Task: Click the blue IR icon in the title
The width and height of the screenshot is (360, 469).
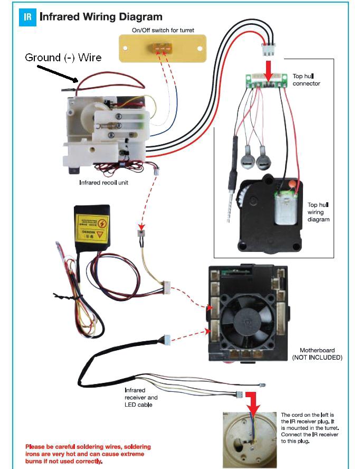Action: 28,17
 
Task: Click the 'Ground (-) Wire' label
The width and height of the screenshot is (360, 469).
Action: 63,57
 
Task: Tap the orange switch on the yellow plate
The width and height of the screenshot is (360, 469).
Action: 162,48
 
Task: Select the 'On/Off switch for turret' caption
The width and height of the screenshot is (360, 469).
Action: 163,30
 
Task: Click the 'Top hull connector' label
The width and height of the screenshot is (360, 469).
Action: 306,80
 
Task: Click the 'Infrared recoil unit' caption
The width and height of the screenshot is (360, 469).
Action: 104,183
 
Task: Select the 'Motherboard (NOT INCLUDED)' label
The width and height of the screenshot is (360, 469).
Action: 317,354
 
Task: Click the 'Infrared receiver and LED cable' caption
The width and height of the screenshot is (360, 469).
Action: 141,397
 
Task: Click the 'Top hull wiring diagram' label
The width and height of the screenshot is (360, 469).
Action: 318,212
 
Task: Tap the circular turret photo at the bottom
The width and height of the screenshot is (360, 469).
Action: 249,440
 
